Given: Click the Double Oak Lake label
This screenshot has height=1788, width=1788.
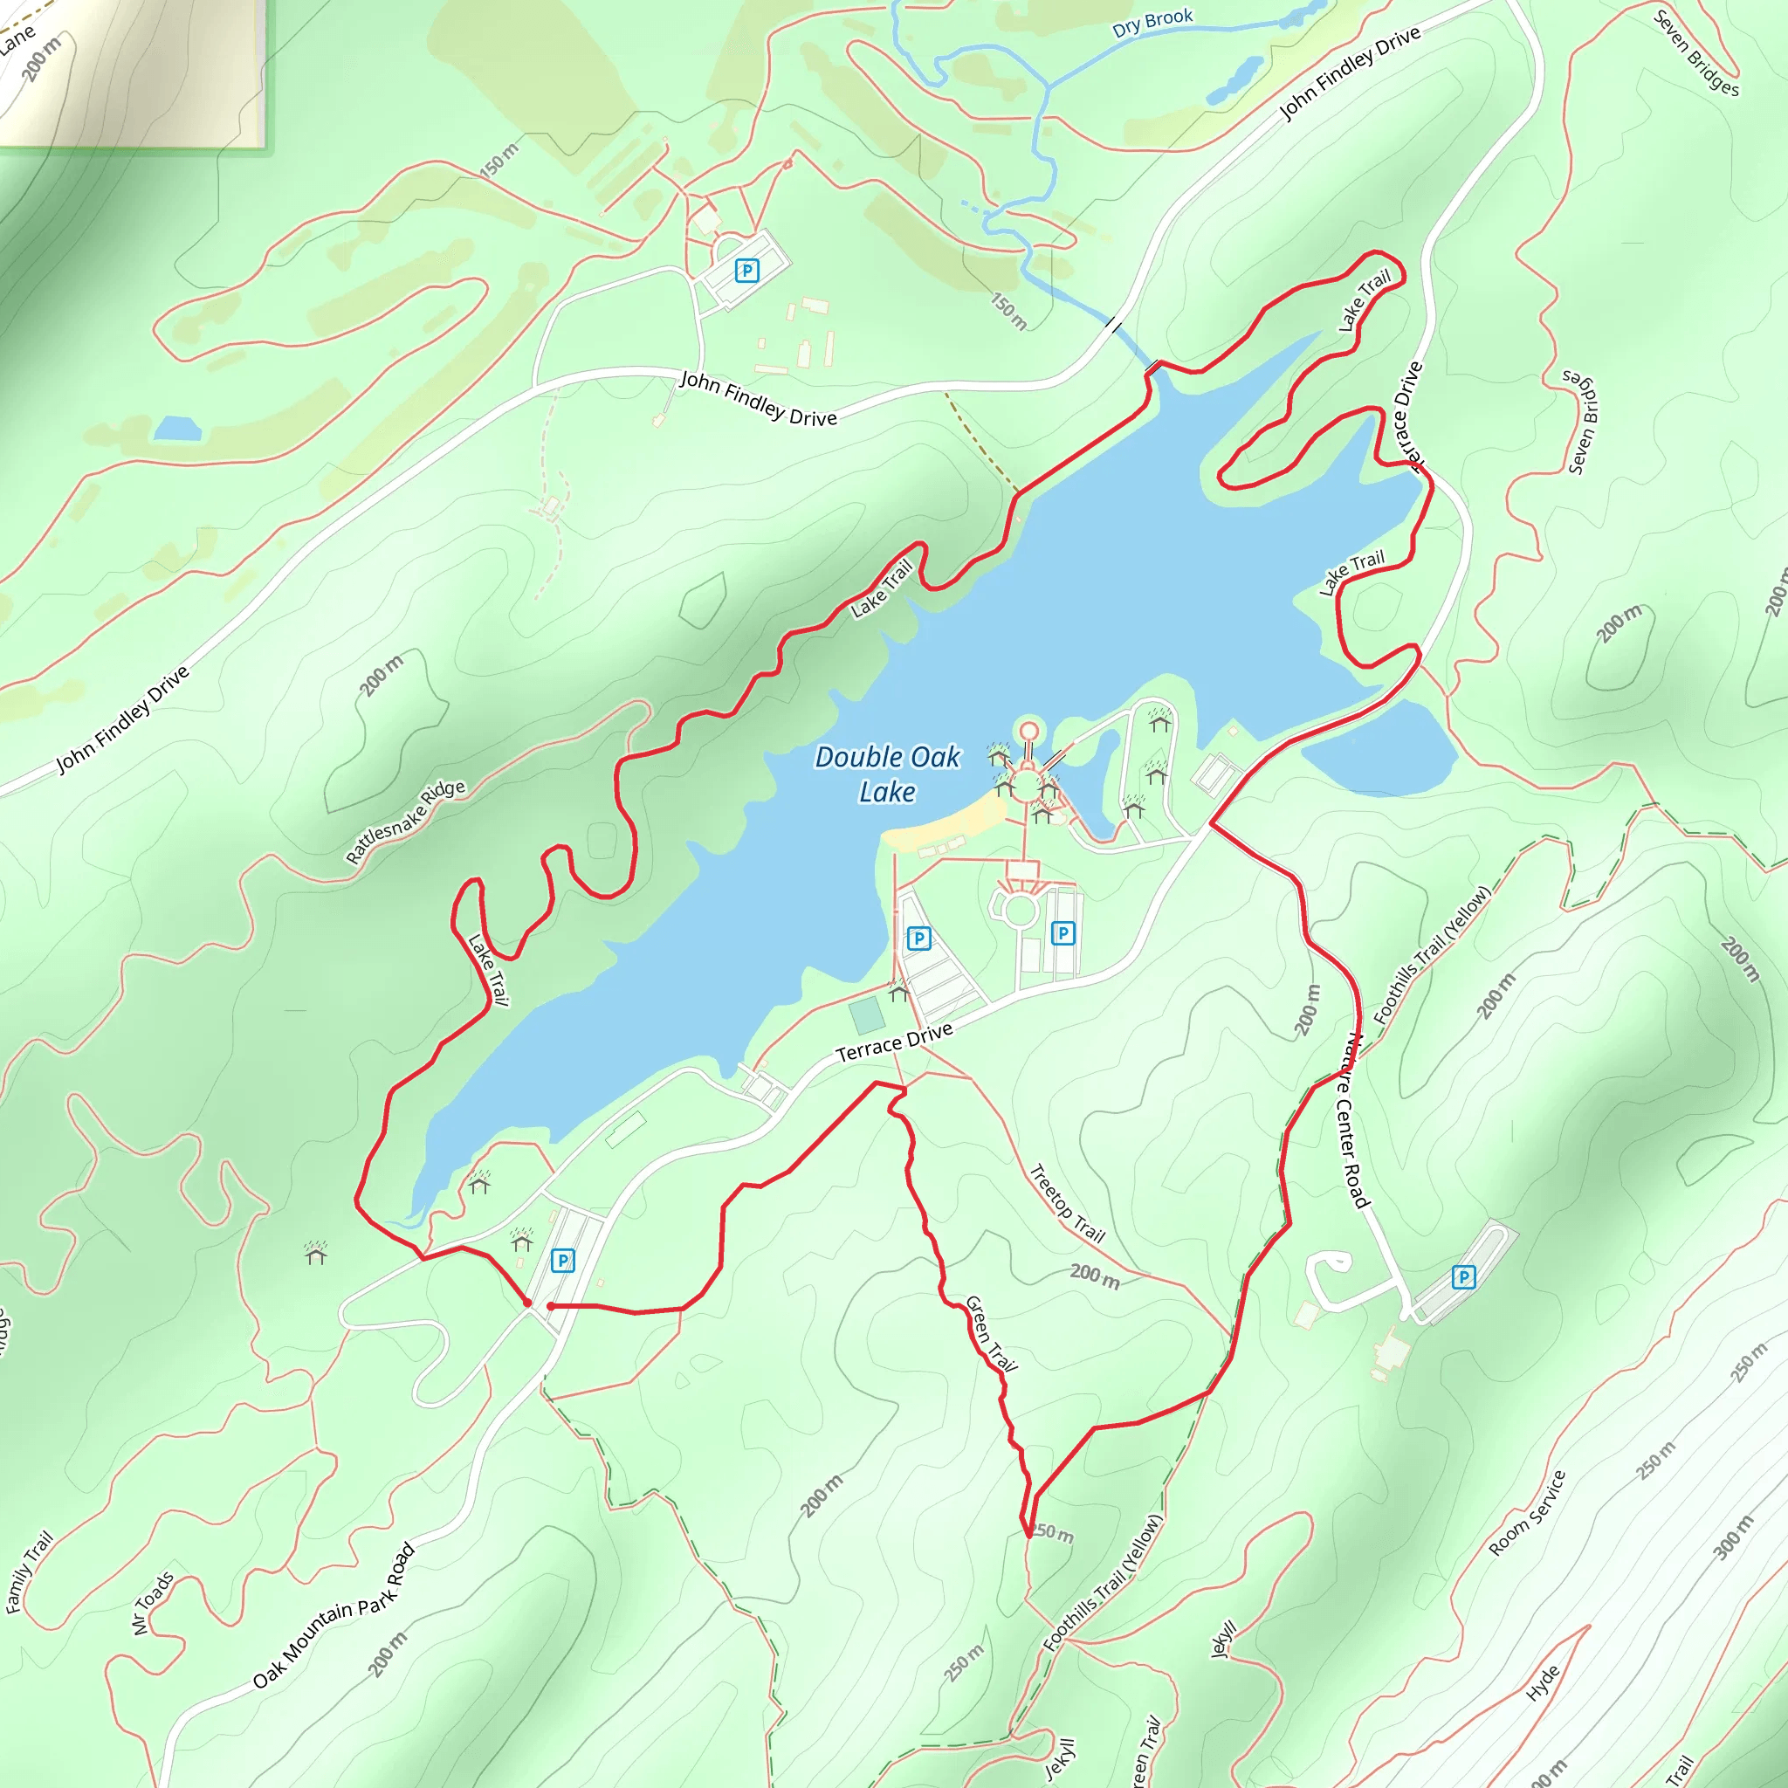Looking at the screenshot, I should click(x=887, y=774).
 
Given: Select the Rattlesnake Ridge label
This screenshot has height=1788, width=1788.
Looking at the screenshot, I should click(x=405, y=821).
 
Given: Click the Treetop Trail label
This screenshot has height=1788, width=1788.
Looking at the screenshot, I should click(x=1067, y=1203).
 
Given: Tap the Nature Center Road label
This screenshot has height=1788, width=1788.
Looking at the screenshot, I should click(x=1353, y=1121).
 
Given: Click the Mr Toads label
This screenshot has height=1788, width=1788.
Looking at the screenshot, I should click(x=153, y=1603).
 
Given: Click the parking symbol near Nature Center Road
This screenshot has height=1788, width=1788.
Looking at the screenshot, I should click(x=1463, y=1277).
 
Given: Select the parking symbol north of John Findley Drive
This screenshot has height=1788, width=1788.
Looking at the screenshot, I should click(x=746, y=271).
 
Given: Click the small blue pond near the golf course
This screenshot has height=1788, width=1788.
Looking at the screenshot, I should click(x=178, y=429).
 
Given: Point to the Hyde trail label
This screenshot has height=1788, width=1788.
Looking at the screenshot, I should click(x=1543, y=1683).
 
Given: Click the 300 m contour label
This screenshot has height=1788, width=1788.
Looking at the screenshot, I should click(x=1732, y=1537).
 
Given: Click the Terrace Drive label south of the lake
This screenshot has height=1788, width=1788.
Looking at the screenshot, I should click(x=894, y=1043).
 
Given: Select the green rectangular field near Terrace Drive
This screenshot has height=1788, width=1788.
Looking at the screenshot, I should click(x=867, y=1015).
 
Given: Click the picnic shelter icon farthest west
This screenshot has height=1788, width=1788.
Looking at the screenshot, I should click(x=315, y=1254).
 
